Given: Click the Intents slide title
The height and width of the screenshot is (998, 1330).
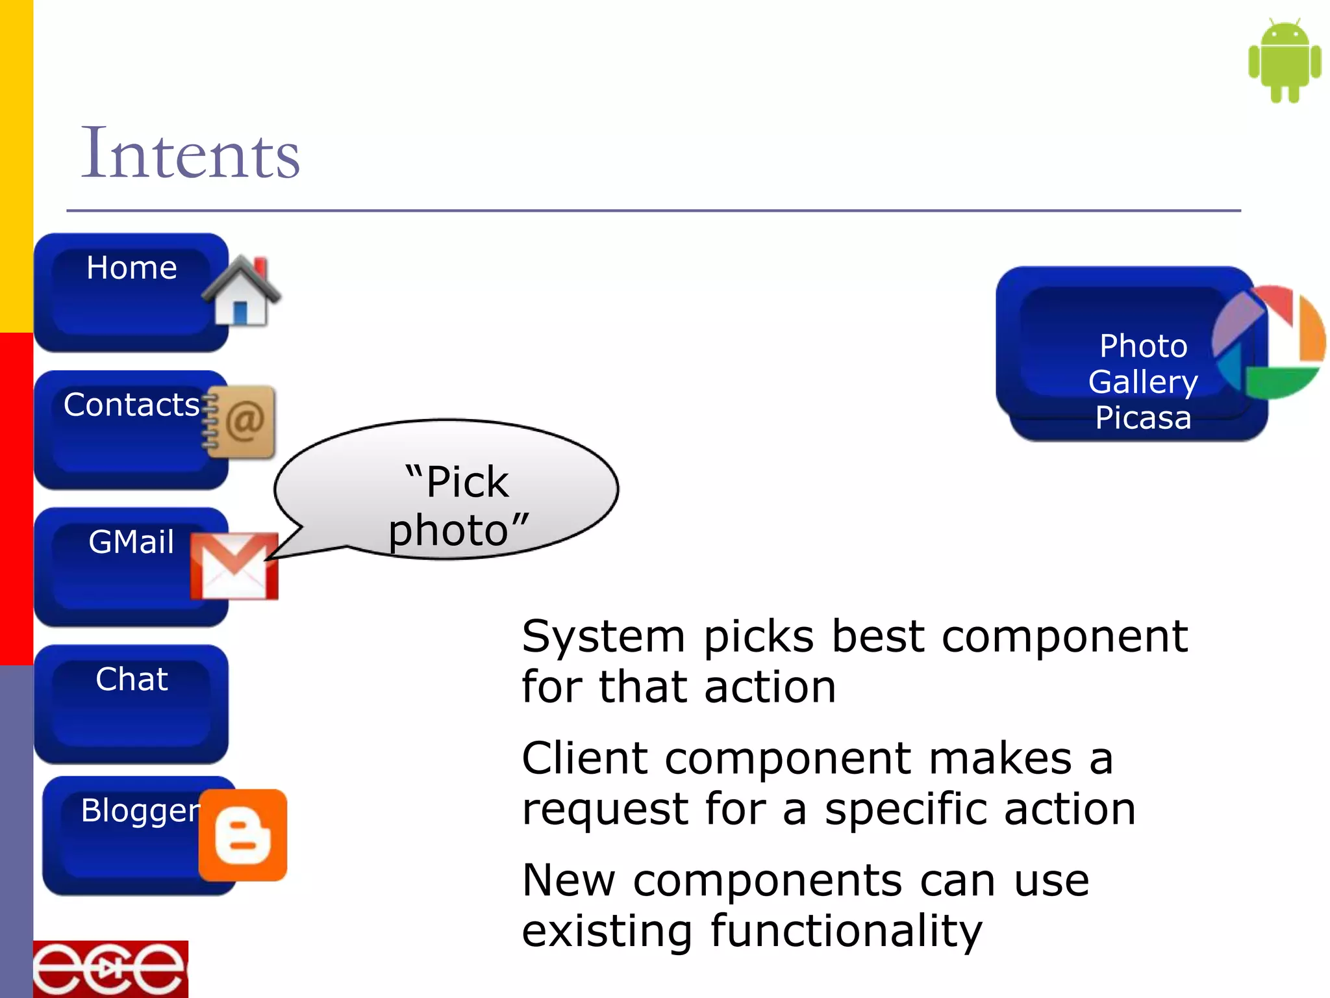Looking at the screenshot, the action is [190, 154].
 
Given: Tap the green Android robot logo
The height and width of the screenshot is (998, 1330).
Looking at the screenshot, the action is [1284, 60].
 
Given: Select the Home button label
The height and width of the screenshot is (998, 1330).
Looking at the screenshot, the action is [132, 268].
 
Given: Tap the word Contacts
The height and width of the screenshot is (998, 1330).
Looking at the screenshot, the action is [132, 405].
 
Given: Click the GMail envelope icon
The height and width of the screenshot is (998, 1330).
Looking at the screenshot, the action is [234, 565].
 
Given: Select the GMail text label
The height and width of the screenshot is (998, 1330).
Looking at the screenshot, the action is [132, 542].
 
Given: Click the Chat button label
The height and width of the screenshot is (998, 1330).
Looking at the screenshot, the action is [132, 679].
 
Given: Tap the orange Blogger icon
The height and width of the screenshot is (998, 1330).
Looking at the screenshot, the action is [242, 836].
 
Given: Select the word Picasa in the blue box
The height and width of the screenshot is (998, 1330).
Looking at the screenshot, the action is [1143, 418].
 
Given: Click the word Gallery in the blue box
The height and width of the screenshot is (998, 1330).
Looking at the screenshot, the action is [1143, 381].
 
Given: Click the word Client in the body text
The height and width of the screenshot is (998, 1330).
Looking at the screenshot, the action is [584, 758].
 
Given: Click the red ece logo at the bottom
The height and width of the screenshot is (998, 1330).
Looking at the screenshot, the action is [110, 969].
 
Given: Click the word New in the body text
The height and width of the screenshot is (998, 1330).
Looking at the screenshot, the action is [568, 880].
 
